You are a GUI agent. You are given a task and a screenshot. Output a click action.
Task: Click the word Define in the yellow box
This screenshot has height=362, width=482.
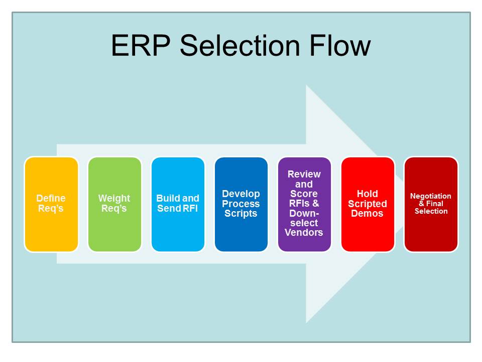pos(51,199)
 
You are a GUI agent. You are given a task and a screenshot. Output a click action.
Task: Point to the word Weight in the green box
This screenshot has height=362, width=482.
pos(114,199)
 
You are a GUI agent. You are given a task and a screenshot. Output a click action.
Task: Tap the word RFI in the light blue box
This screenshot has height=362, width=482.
pos(190,208)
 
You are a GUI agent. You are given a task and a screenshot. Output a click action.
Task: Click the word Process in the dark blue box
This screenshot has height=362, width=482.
pos(241,204)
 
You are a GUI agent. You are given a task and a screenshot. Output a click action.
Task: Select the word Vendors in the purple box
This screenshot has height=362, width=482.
pos(304,232)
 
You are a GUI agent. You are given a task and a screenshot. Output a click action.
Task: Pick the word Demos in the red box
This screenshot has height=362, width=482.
pos(368,213)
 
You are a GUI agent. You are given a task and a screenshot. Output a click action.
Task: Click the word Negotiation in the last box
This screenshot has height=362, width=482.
pos(431,196)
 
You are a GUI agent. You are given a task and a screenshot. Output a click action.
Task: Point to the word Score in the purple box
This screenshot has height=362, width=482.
pos(304,194)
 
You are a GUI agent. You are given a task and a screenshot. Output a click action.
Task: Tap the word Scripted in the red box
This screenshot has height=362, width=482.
pos(368,204)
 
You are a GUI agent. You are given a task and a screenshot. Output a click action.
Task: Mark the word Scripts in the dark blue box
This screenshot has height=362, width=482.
pos(241,213)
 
